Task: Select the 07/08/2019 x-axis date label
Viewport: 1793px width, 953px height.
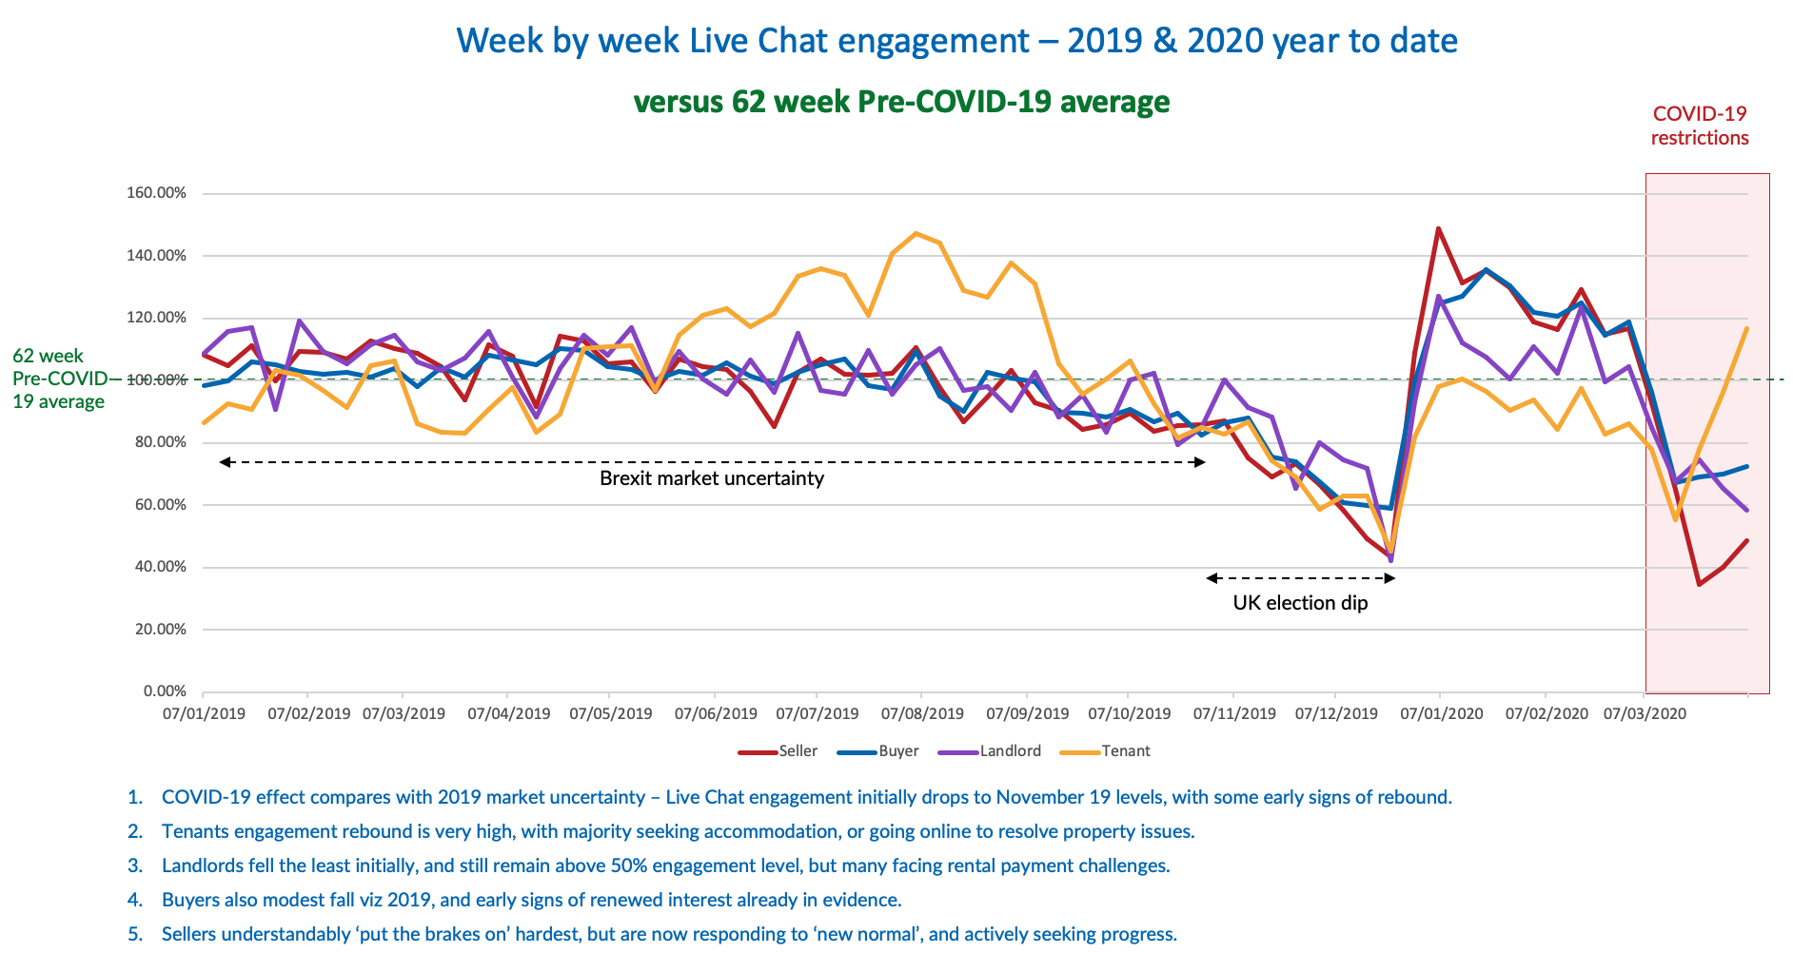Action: point(922,713)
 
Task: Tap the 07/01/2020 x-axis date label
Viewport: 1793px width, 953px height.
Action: point(1441,713)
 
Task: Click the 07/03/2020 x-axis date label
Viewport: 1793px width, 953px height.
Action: point(1645,713)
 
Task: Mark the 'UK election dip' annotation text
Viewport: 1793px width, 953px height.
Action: point(1300,603)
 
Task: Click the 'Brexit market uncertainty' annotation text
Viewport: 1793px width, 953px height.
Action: point(712,478)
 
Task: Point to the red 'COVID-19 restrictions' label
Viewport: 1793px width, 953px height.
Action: point(1700,126)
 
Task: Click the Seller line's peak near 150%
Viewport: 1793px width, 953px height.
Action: point(1438,228)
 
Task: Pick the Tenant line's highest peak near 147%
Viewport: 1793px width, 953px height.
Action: point(916,233)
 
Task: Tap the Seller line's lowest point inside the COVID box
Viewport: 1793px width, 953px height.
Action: point(1700,584)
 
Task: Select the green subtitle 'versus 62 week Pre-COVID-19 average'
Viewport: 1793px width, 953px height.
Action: point(901,101)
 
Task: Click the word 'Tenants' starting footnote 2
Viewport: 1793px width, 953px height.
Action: point(195,831)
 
